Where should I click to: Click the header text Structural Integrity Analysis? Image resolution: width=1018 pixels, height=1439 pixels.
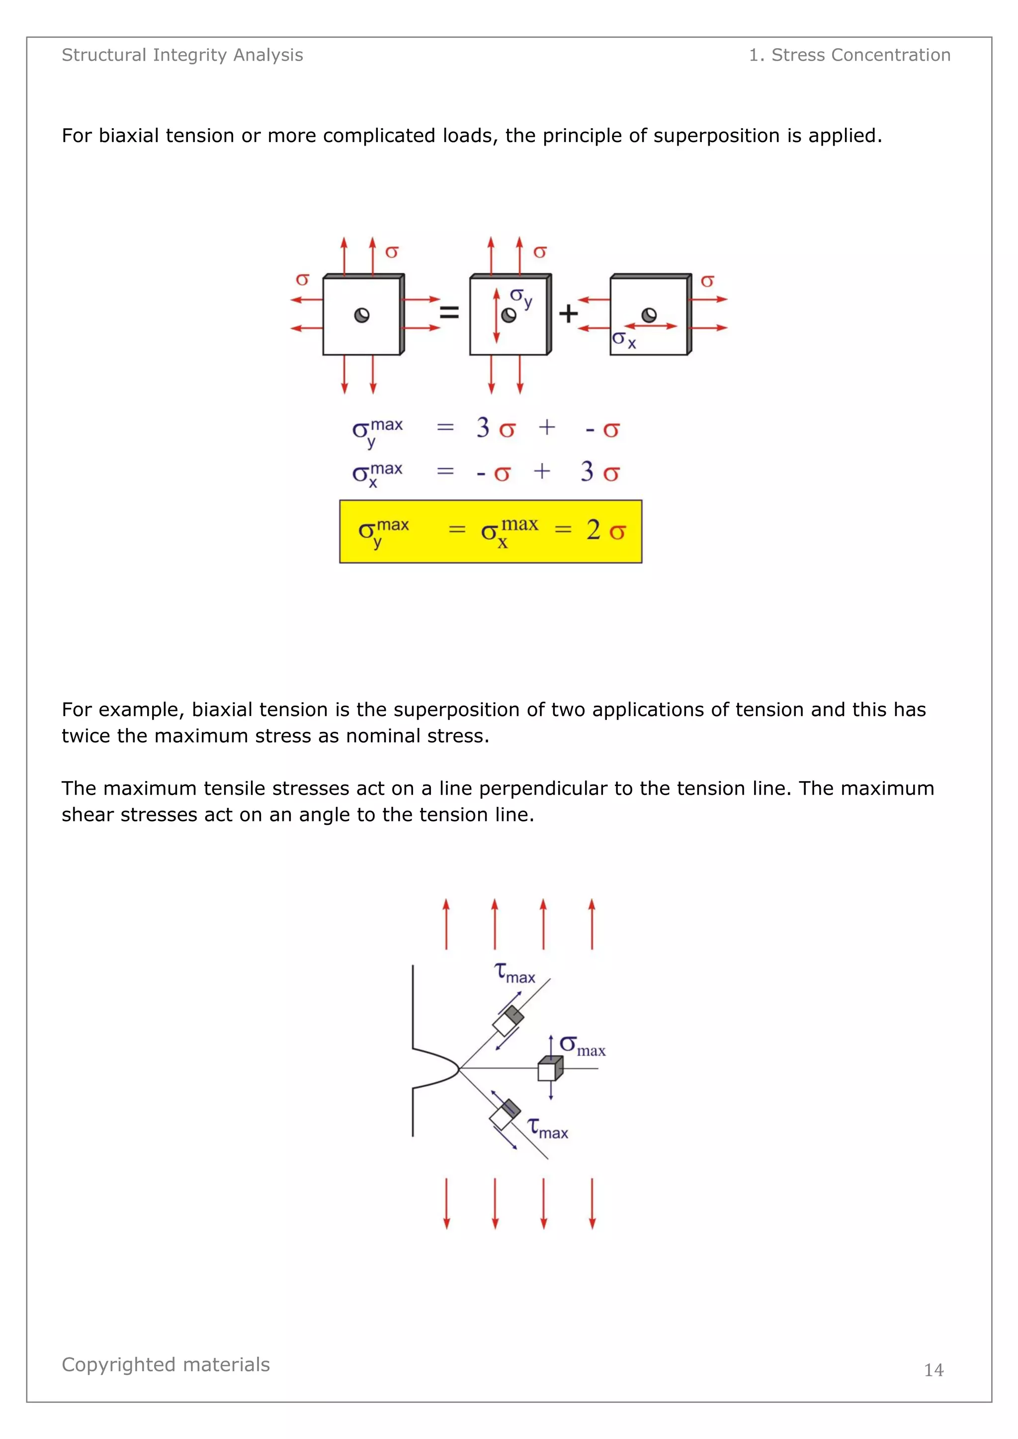click(x=182, y=55)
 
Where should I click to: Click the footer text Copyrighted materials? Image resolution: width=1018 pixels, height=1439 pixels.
click(x=166, y=1364)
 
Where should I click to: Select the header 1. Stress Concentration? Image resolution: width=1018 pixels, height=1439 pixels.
click(x=849, y=55)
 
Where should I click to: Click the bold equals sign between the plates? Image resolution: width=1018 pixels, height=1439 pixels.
click(x=449, y=312)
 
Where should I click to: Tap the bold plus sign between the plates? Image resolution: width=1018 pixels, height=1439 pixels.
click(x=568, y=313)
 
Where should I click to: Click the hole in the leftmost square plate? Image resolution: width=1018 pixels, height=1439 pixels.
click(x=362, y=315)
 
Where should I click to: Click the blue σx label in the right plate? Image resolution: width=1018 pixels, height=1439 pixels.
click(x=624, y=340)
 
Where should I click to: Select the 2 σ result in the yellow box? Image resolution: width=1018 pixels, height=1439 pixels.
click(x=605, y=531)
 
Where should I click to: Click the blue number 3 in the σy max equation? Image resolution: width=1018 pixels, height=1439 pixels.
click(x=483, y=428)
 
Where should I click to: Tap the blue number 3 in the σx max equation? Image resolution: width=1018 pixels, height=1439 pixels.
click(x=587, y=472)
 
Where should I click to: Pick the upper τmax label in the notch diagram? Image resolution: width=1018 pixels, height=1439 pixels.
click(x=514, y=973)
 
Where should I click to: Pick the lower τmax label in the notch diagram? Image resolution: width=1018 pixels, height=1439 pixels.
click(x=547, y=1128)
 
